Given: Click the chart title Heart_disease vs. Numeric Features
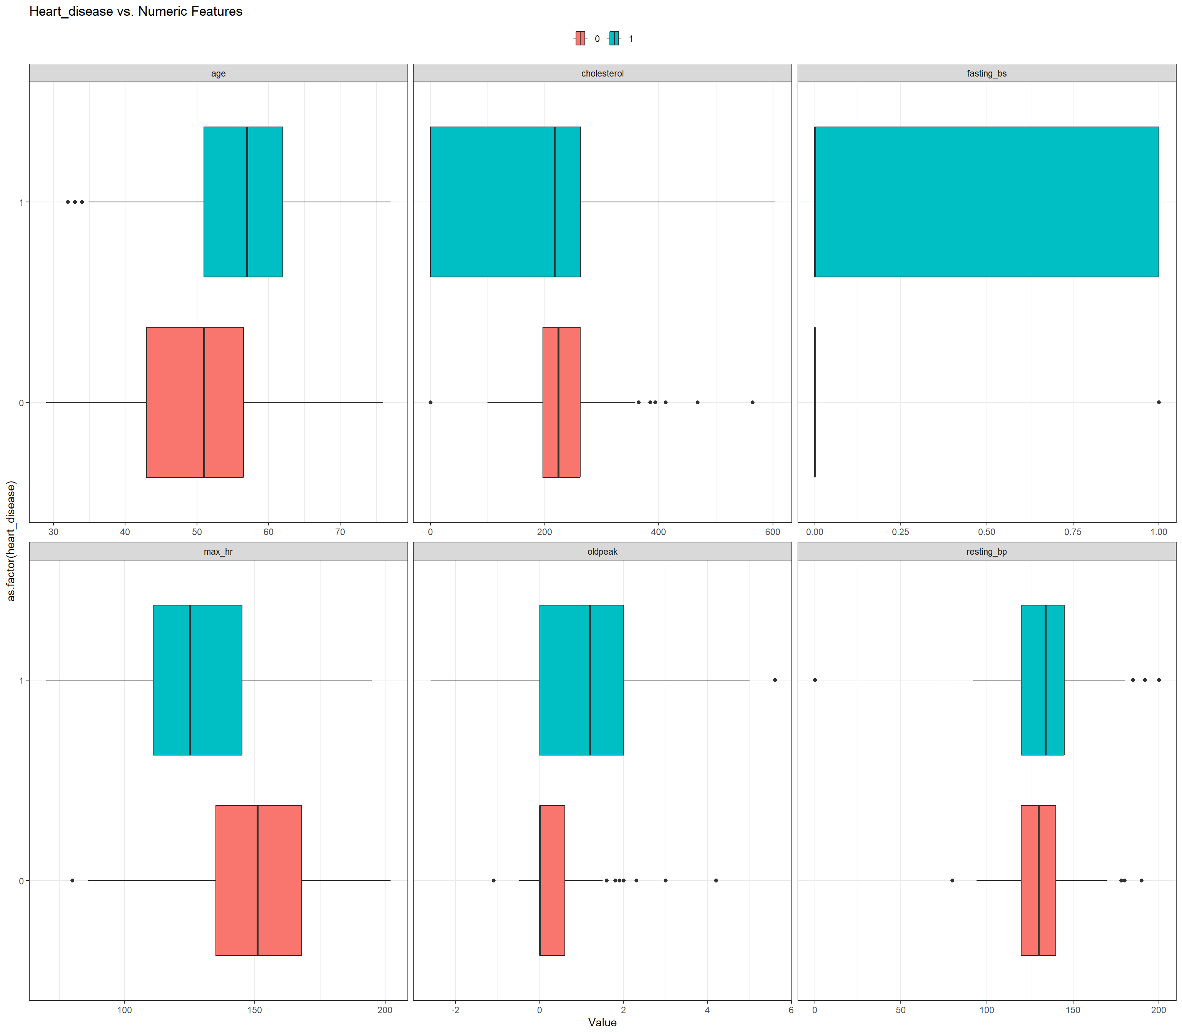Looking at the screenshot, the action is click(x=135, y=12).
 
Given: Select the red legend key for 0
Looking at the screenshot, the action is click(x=580, y=38).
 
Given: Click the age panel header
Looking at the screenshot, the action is click(x=218, y=73).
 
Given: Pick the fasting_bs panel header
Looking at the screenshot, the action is click(x=987, y=73).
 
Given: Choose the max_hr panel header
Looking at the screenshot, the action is click(x=218, y=552).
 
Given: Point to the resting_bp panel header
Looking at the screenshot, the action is click(x=987, y=552).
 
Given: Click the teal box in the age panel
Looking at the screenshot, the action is click(x=243, y=202).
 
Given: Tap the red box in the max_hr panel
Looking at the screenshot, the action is click(x=259, y=881).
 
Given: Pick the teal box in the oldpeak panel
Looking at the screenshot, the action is click(x=581, y=680).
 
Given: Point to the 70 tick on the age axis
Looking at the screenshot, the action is click(x=340, y=532).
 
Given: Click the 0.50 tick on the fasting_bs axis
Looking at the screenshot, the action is click(x=987, y=532).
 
